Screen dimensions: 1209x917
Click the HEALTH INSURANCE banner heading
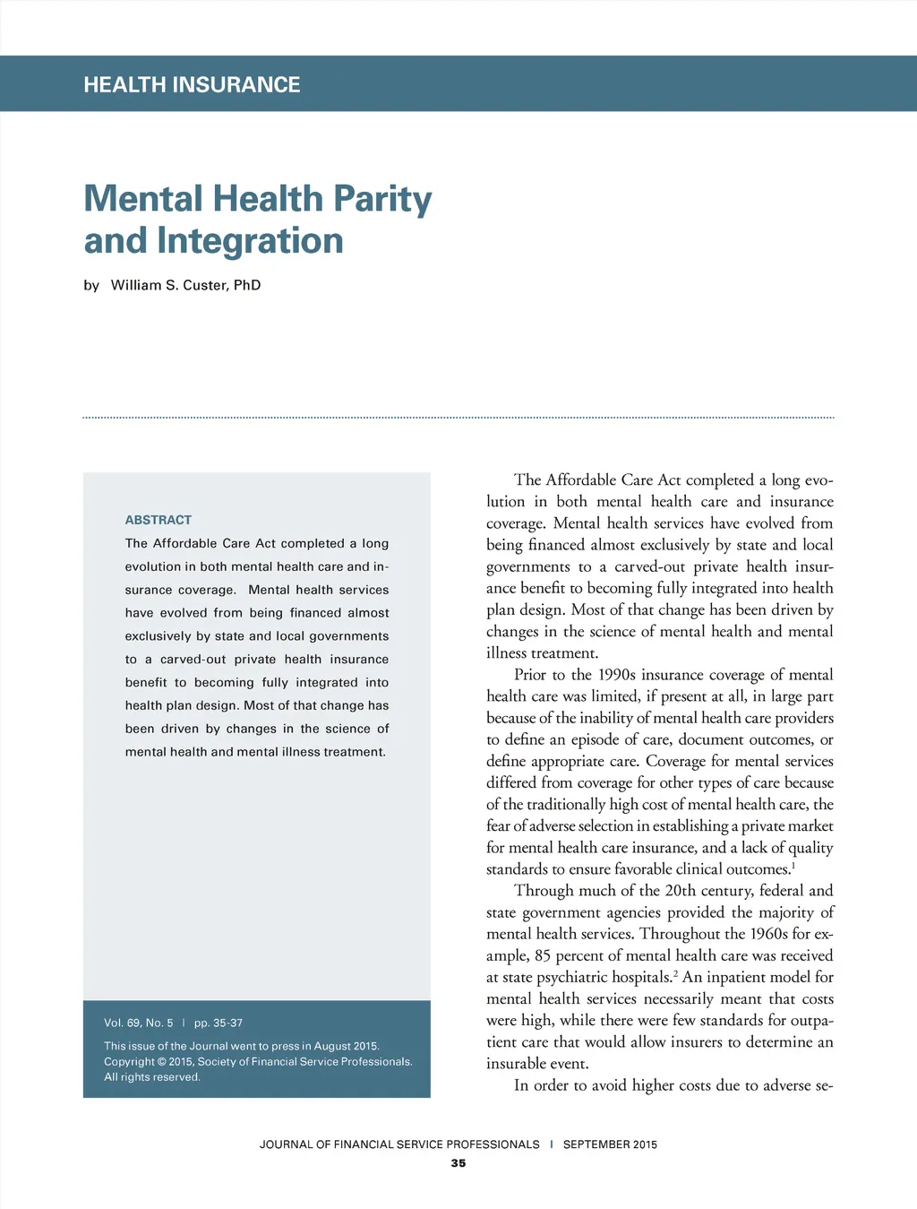[192, 85]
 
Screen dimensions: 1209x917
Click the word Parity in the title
[382, 199]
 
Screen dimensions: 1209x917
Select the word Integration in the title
[250, 241]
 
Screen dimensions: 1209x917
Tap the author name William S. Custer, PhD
[185, 285]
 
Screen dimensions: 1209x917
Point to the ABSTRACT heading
[159, 520]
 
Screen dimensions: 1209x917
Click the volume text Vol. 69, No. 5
[139, 1023]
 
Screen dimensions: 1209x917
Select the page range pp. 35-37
[219, 1023]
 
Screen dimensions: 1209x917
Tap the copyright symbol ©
[162, 1062]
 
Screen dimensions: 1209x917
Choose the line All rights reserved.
[152, 1077]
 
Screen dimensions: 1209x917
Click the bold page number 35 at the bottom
[458, 1163]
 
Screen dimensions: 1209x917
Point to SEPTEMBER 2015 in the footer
[610, 1144]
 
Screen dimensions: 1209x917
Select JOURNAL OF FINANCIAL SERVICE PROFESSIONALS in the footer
[399, 1144]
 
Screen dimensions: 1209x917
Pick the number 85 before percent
[543, 955]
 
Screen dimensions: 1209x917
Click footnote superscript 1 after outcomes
[793, 866]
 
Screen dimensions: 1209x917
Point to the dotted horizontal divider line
[458, 418]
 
